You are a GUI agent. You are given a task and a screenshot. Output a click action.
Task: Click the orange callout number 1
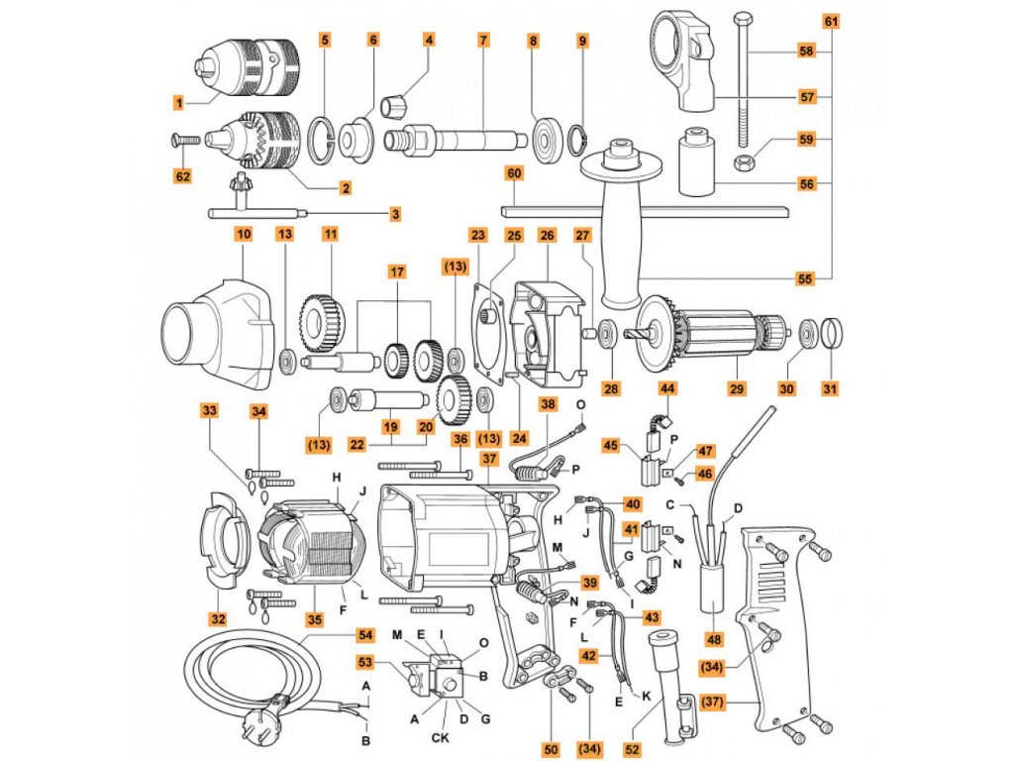(178, 102)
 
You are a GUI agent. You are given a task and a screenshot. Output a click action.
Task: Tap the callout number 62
(183, 176)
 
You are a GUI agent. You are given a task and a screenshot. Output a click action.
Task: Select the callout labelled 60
(513, 173)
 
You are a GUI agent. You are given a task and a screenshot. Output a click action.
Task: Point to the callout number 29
(735, 388)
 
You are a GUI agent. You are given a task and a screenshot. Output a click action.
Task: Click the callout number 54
(366, 633)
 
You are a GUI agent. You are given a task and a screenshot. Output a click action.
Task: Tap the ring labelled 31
(833, 333)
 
